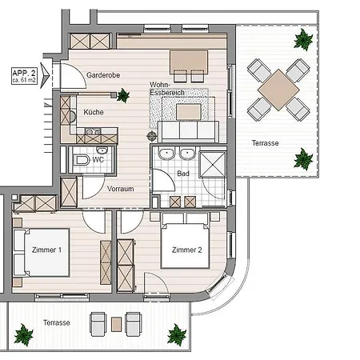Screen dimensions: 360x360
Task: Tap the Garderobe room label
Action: [x=102, y=74]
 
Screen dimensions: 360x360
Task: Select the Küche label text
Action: [x=94, y=112]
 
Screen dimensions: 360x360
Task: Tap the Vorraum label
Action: [x=120, y=189]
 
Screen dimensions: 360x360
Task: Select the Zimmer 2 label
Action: [x=186, y=250]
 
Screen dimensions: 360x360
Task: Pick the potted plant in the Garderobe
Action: [x=122, y=96]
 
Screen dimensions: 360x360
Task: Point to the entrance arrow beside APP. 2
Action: [x=46, y=76]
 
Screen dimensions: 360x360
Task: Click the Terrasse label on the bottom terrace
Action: [x=57, y=322]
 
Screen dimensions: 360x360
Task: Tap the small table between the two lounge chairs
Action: [x=117, y=323]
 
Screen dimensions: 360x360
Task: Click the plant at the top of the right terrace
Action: [x=303, y=38]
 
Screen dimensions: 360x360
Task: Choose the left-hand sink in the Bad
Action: [x=167, y=154]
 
